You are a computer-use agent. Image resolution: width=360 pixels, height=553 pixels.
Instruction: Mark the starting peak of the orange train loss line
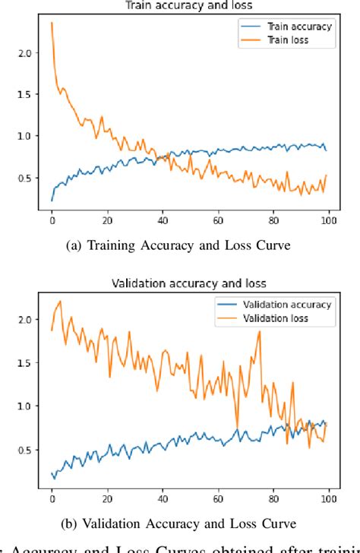pyautogui.click(x=52, y=23)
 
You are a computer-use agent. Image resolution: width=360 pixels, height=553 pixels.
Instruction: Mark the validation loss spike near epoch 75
pyautogui.click(x=259, y=332)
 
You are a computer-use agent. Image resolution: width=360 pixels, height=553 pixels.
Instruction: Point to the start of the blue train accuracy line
pyautogui.click(x=52, y=201)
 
